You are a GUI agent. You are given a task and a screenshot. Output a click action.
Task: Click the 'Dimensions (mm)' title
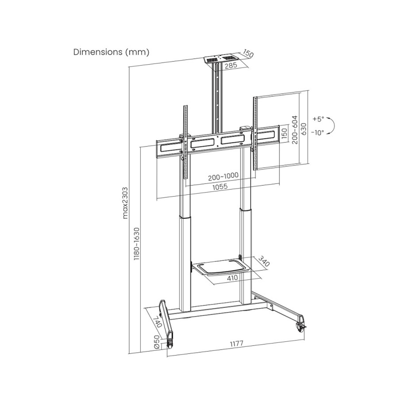click(111, 52)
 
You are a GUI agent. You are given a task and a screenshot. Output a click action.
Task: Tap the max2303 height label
click(125, 203)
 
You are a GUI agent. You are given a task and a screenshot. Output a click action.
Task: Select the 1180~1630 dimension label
click(137, 244)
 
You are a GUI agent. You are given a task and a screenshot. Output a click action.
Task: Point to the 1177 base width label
click(237, 344)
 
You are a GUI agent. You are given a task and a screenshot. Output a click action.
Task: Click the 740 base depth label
click(157, 322)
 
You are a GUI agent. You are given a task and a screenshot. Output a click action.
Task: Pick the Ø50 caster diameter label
click(156, 342)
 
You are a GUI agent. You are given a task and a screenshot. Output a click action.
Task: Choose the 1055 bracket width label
click(220, 187)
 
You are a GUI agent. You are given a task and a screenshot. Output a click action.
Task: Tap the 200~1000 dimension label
click(223, 176)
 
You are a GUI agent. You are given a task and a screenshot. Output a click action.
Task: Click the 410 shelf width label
click(232, 278)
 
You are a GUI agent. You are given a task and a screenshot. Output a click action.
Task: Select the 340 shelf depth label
click(264, 261)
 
